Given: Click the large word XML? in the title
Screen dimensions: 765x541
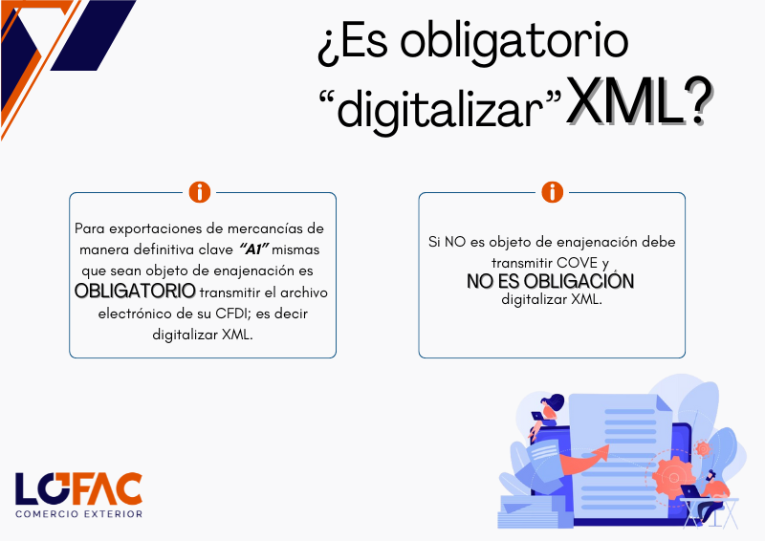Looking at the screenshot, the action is [639, 101].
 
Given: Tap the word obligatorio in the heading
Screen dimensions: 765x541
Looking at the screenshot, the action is [514, 42].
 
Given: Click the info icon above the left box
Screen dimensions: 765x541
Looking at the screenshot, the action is [200, 192].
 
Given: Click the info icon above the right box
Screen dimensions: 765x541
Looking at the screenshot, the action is [553, 192].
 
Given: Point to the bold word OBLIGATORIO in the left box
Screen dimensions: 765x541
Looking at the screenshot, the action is [135, 292].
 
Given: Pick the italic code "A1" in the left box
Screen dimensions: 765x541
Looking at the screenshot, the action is [254, 249].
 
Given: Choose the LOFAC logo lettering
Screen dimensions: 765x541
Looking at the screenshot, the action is [78, 488].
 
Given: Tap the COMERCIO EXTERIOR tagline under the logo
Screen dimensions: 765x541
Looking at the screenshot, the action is [79, 514].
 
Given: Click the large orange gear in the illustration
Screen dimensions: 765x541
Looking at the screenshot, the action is [673, 477].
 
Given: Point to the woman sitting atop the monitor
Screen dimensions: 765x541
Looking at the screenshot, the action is [546, 416].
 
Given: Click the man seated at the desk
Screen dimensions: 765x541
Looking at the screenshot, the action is [710, 494].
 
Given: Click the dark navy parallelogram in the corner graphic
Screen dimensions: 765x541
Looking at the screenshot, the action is [93, 35].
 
